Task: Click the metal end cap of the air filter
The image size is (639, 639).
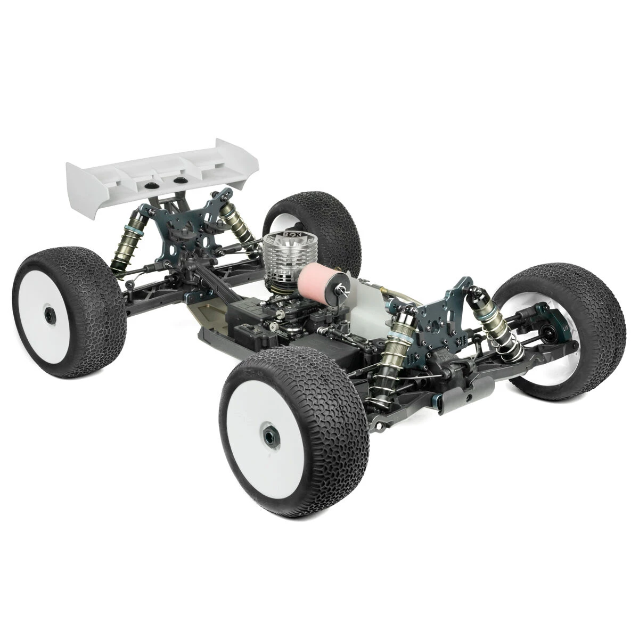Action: [x=338, y=292]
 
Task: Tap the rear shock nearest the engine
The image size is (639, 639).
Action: [x=236, y=221]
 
